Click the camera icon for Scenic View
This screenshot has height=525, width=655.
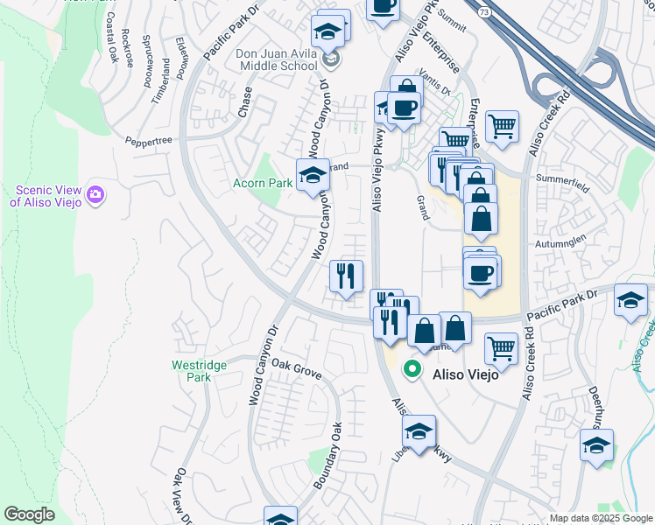[95, 195]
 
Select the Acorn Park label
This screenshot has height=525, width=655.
[262, 184]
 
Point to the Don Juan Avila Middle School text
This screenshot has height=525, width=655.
[277, 59]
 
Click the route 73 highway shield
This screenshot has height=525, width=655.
[484, 11]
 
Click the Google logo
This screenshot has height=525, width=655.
[29, 514]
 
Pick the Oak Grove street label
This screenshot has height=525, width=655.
[297, 368]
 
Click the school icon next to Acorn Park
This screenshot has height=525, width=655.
[312, 175]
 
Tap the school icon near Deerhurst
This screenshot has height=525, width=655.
[596, 445]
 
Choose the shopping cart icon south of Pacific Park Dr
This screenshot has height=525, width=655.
[501, 348]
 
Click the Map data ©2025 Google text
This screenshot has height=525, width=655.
[600, 518]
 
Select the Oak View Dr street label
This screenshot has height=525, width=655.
[184, 495]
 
